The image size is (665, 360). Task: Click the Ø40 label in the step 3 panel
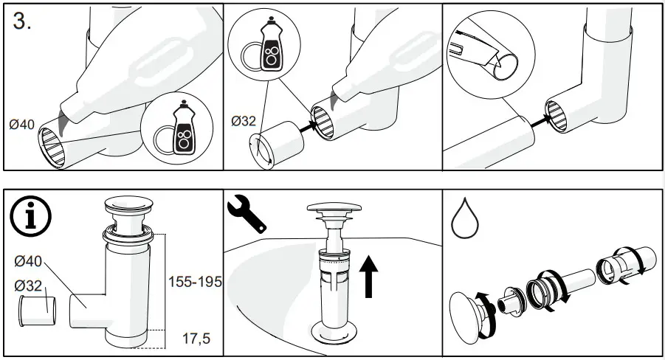click(x=22, y=125)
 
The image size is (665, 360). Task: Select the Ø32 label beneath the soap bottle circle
click(x=243, y=120)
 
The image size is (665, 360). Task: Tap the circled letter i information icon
click(x=30, y=217)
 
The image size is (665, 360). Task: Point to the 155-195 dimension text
click(x=194, y=282)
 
